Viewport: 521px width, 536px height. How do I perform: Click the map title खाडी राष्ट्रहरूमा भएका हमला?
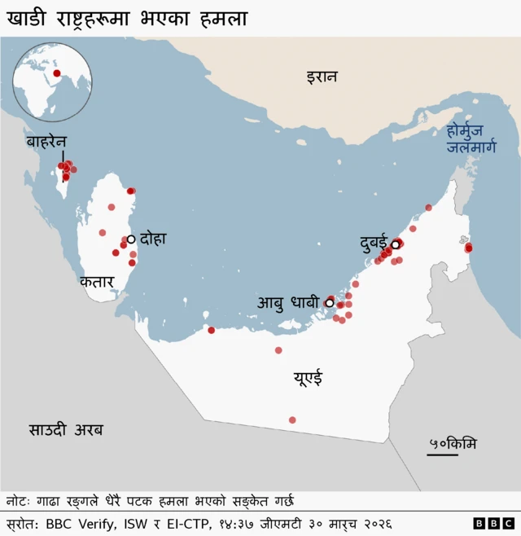[x=127, y=18]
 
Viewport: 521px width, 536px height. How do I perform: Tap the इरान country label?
[x=322, y=77]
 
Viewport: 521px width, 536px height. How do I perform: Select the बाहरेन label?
[x=46, y=142]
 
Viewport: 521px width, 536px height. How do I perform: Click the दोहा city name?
[x=153, y=239]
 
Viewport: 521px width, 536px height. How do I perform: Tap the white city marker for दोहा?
[x=131, y=239]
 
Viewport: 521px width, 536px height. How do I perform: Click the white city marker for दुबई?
[x=396, y=244]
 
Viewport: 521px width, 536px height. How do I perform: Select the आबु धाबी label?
[x=290, y=303]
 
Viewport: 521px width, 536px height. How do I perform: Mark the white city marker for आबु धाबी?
[x=330, y=303]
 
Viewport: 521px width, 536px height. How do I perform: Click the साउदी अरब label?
[x=67, y=429]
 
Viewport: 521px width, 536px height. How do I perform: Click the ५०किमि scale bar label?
[x=453, y=443]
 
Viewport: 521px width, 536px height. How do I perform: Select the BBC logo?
[x=493, y=523]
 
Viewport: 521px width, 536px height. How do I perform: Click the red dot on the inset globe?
[x=57, y=74]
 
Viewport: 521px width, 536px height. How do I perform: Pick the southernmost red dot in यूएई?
[x=292, y=420]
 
